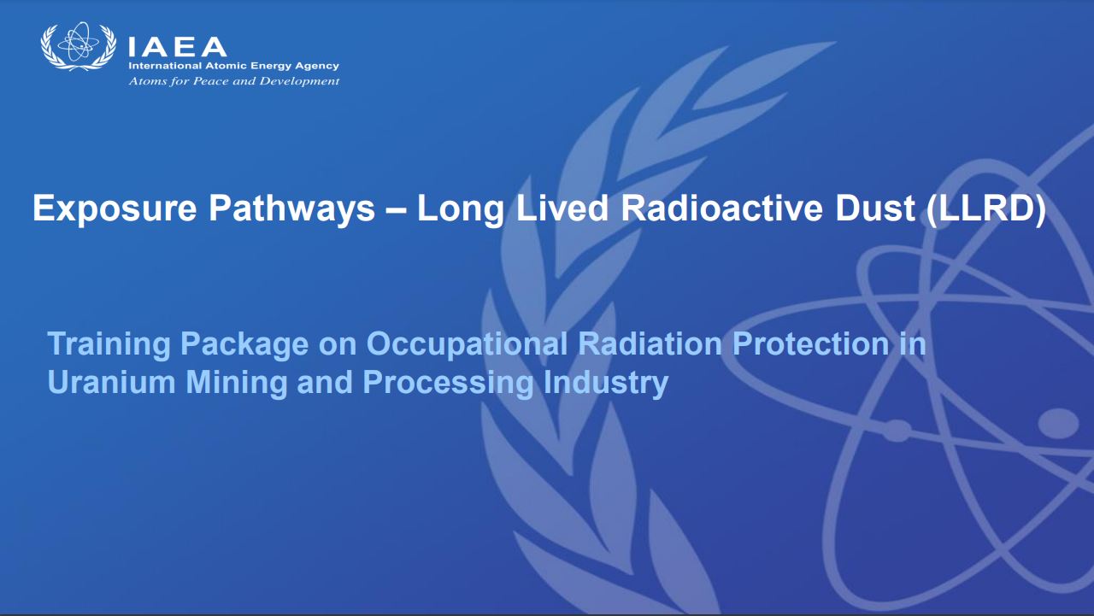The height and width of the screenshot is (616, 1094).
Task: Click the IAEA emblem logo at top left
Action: (x=78, y=46)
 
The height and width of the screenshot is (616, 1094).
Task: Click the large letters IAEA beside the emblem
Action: (x=177, y=47)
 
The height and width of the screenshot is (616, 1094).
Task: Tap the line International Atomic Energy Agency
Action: (x=233, y=66)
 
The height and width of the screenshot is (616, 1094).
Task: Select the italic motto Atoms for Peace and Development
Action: (x=234, y=81)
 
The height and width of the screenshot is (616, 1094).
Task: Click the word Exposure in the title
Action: (x=115, y=209)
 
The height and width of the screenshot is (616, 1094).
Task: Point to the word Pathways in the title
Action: (x=291, y=209)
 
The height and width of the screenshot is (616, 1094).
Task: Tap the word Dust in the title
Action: (x=875, y=208)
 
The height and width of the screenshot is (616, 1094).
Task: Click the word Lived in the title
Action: (x=562, y=208)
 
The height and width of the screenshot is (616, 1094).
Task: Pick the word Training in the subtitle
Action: (x=109, y=344)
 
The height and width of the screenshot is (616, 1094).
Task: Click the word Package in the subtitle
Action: (x=244, y=345)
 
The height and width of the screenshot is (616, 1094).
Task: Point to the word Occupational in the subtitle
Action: (x=467, y=345)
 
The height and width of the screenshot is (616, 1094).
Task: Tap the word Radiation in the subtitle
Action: (x=650, y=343)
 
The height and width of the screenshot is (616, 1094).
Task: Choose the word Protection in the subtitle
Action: (x=810, y=343)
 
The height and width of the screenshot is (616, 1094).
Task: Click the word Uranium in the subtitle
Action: (x=111, y=382)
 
